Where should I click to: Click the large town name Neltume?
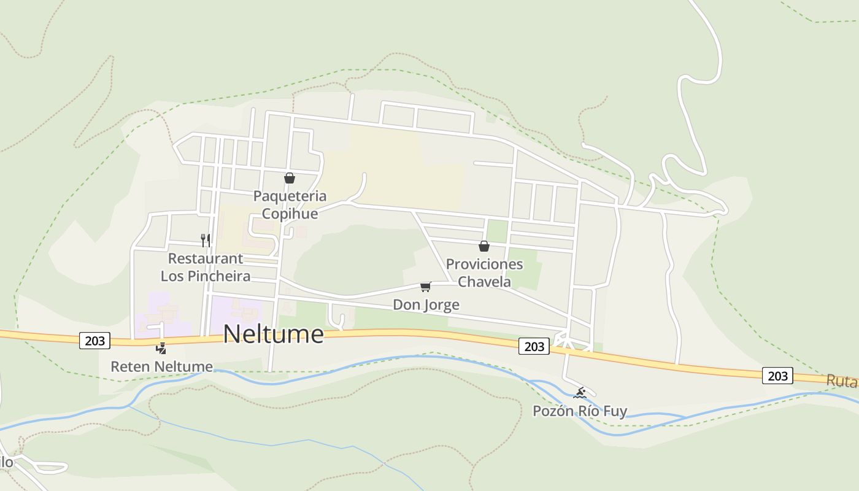pyautogui.click(x=273, y=334)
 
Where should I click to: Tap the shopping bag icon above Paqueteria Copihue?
pyautogui.click(x=290, y=178)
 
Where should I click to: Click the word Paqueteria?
pyautogui.click(x=290, y=196)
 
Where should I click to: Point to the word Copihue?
pyautogui.click(x=290, y=214)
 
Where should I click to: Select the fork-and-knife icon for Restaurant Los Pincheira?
pyautogui.click(x=206, y=240)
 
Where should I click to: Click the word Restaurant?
pyautogui.click(x=206, y=258)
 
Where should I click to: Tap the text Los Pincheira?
pyautogui.click(x=206, y=276)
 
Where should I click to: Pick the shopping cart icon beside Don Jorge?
pyautogui.click(x=426, y=287)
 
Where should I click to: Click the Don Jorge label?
pyautogui.click(x=426, y=305)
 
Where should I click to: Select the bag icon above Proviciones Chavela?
pyautogui.click(x=484, y=246)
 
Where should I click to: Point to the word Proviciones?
pyautogui.click(x=484, y=265)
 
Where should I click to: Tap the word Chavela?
pyautogui.click(x=484, y=282)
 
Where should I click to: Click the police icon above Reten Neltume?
pyautogui.click(x=161, y=349)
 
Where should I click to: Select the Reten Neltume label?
pyautogui.click(x=161, y=367)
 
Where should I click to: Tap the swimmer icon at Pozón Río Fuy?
pyautogui.click(x=580, y=393)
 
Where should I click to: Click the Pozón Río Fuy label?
pyautogui.click(x=580, y=411)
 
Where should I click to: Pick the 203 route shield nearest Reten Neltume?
pyautogui.click(x=94, y=341)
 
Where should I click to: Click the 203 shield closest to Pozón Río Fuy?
pyautogui.click(x=534, y=346)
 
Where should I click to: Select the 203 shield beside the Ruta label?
pyautogui.click(x=777, y=376)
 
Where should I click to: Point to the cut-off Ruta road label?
pyautogui.click(x=841, y=381)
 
